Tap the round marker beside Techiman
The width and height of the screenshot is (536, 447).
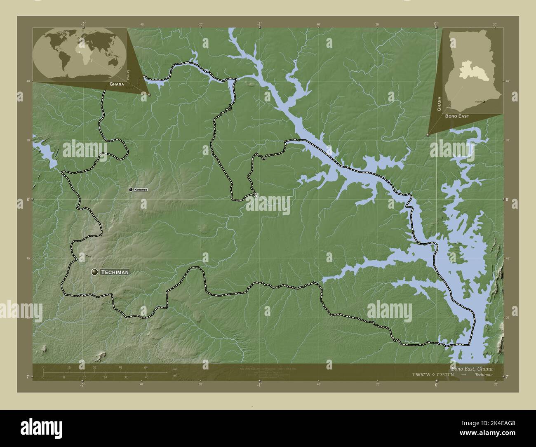click(95, 272)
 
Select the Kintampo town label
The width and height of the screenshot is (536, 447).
click(141, 189)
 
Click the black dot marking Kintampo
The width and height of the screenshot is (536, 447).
click(131, 189)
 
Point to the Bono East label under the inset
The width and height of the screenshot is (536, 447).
click(457, 116)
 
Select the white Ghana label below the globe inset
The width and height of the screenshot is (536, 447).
click(117, 84)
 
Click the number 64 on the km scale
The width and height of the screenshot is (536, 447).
click(146, 367)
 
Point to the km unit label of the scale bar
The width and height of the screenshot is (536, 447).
click(175, 368)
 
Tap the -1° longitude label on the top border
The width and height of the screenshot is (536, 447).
click(259, 24)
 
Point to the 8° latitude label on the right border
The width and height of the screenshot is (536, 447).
click(507, 199)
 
